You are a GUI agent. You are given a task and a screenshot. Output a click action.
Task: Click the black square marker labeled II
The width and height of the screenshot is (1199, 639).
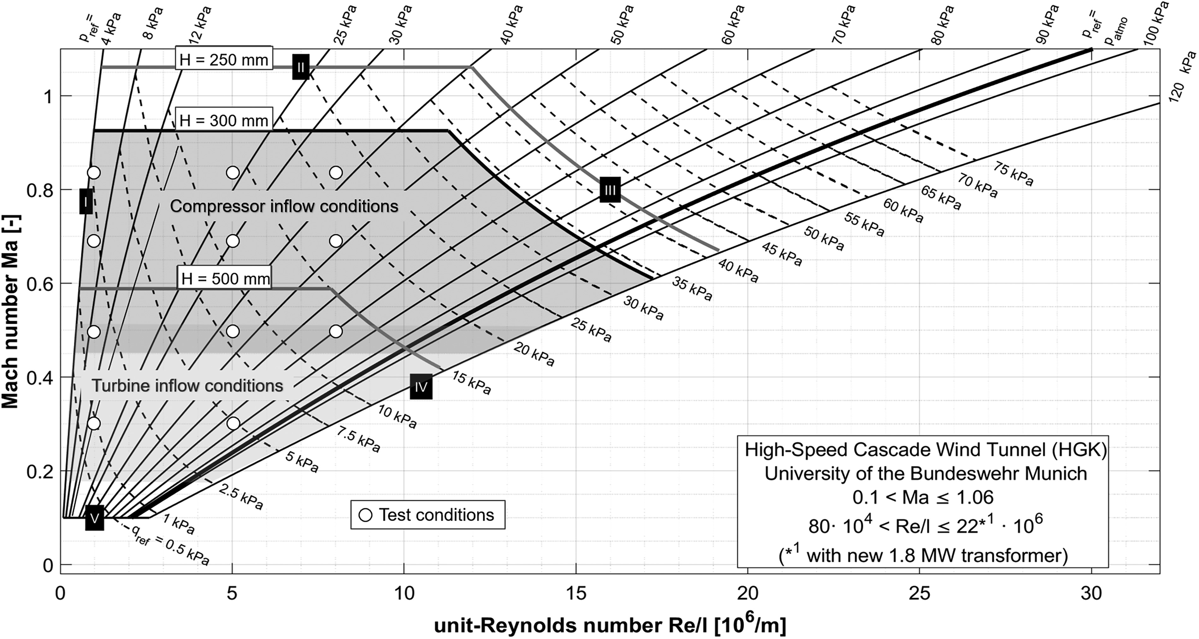tap(301, 67)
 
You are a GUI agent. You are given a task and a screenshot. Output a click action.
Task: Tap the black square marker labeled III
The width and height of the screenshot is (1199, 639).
tap(610, 190)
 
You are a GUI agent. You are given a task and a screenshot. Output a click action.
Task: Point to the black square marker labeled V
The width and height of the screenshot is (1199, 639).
tap(94, 518)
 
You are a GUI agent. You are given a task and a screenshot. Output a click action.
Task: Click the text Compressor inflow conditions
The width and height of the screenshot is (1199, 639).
tap(284, 206)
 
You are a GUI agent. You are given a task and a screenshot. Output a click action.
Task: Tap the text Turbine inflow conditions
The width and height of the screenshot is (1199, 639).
tap(187, 385)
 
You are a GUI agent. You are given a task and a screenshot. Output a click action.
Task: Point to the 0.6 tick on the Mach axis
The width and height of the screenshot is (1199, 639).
tap(40, 283)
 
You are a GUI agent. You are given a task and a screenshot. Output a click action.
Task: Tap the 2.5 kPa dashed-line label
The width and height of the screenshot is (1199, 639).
tap(241, 497)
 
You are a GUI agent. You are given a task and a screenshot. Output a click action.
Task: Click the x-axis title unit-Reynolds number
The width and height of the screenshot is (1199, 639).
tap(610, 625)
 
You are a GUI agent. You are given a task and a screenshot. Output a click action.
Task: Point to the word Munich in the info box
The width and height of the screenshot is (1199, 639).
tap(1054, 473)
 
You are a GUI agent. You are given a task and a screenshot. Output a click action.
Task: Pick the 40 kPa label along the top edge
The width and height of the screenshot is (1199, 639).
tap(512, 25)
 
